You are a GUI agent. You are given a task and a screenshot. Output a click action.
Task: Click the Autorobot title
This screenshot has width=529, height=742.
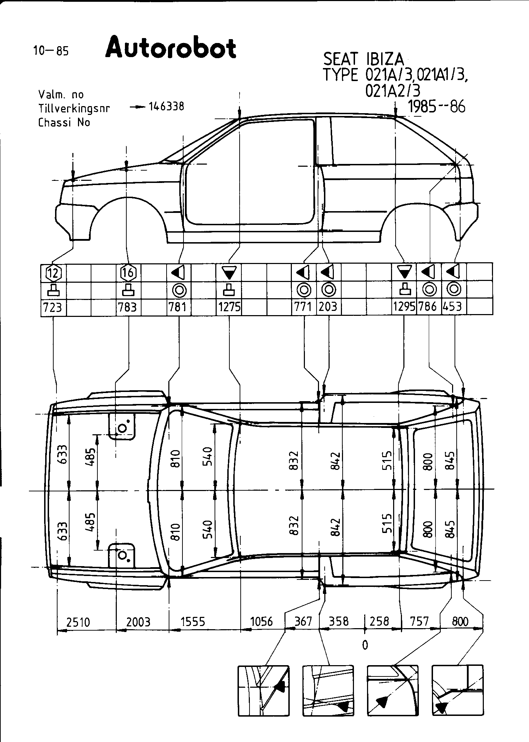click(171, 48)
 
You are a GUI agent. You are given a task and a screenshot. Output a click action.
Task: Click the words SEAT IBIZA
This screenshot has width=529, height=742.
click(364, 59)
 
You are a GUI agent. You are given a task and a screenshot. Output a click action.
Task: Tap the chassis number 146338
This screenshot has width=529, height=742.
click(166, 106)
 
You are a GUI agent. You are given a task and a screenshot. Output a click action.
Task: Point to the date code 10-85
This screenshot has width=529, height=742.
click(51, 51)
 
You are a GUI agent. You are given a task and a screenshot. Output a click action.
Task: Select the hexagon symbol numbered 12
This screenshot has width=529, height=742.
click(54, 272)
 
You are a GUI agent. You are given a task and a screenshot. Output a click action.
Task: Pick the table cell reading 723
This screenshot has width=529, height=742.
click(53, 307)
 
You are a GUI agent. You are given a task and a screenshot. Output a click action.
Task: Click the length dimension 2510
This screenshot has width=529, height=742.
click(78, 622)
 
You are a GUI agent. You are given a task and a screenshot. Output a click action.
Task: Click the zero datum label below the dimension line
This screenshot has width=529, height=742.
click(365, 645)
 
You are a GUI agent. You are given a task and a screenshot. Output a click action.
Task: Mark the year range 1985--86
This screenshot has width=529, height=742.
click(436, 106)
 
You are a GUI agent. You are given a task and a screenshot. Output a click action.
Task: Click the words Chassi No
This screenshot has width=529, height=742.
click(64, 122)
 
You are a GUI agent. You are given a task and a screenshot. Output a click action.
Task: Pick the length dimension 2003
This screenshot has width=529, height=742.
click(138, 622)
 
